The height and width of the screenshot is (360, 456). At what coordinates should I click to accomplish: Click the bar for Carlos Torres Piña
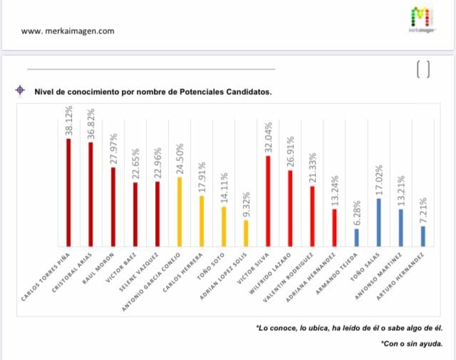(68, 192)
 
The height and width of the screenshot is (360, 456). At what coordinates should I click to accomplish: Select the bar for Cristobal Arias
(90, 194)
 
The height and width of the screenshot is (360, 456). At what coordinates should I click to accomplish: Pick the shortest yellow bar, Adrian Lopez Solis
(246, 232)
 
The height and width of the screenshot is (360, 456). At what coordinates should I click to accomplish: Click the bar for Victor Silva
(268, 200)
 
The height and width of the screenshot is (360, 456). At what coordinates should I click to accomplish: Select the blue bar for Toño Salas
(379, 222)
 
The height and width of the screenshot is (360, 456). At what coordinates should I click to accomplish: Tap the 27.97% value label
(113, 149)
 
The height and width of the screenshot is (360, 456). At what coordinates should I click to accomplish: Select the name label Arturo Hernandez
(404, 277)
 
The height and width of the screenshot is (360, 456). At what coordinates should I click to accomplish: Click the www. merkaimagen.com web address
(68, 31)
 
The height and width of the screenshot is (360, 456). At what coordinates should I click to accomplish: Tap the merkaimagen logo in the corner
(423, 19)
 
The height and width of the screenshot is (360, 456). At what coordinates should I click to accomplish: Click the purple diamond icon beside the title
(20, 91)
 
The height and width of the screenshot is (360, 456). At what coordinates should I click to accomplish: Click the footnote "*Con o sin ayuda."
(411, 343)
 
